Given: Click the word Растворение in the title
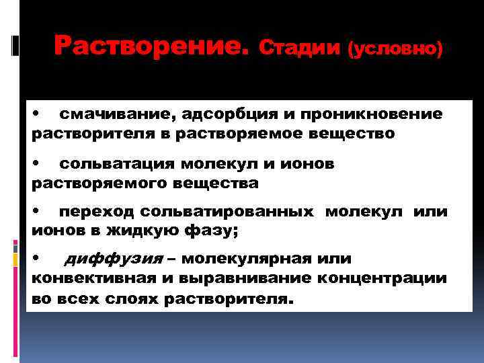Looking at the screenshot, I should point(152,46).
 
